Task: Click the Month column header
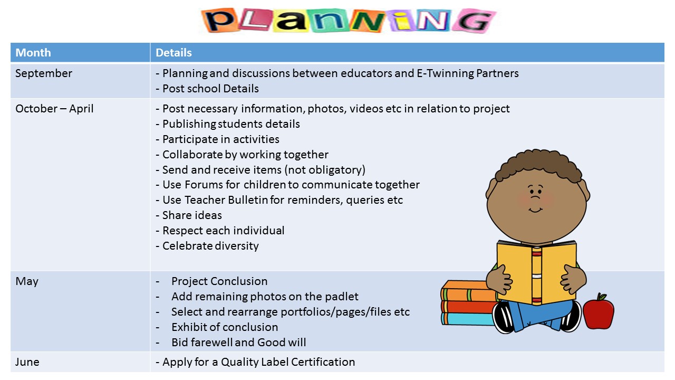tap(33, 53)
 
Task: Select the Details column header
tap(173, 53)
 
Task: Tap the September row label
tap(44, 73)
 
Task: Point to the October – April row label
tap(54, 109)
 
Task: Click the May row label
tap(27, 282)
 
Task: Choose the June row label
tap(27, 362)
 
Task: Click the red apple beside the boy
tap(599, 312)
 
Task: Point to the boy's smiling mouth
tap(535, 210)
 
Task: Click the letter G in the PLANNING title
tap(474, 21)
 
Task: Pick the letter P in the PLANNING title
tap(220, 20)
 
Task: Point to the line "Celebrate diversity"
tap(210, 246)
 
